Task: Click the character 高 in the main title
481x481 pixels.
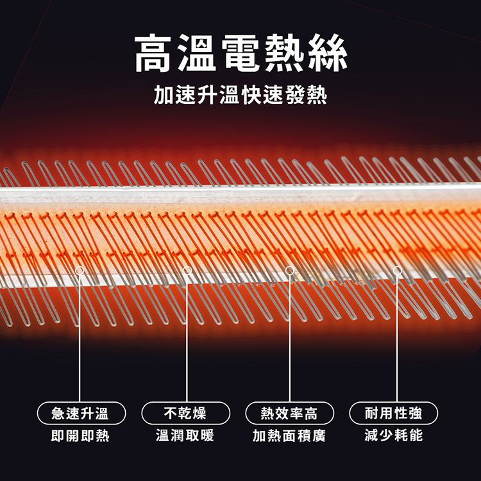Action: click(x=153, y=53)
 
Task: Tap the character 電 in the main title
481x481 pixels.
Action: click(x=240, y=53)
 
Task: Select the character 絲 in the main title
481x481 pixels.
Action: click(x=328, y=53)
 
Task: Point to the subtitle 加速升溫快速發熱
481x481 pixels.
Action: click(x=240, y=95)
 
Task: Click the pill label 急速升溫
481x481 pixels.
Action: click(x=81, y=413)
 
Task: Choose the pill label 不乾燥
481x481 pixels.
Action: click(x=185, y=413)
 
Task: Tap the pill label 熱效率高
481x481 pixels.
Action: click(x=290, y=413)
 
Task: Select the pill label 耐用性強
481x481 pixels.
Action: click(x=394, y=413)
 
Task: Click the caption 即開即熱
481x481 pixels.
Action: click(x=80, y=436)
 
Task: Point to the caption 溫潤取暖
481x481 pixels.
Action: click(x=185, y=436)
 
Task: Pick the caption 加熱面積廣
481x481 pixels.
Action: click(x=289, y=436)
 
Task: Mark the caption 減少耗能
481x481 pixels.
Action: click(x=394, y=436)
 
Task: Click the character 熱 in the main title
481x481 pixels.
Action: click(x=284, y=53)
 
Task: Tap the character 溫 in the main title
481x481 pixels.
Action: click(x=197, y=53)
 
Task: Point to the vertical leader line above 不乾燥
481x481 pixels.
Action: click(x=187, y=339)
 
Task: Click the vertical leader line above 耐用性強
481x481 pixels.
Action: click(x=397, y=339)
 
